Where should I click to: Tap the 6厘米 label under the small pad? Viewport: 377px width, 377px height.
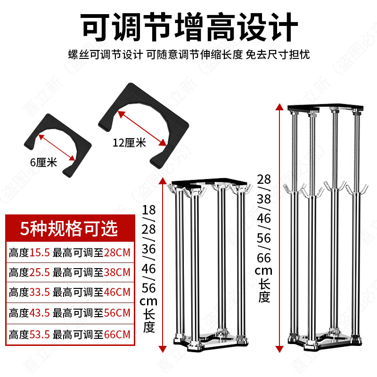click(43, 163)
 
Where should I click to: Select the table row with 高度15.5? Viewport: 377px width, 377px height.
click(69, 252)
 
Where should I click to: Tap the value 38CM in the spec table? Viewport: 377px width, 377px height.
click(116, 272)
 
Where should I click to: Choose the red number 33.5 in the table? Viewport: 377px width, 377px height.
click(40, 293)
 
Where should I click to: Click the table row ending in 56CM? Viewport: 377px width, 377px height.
click(69, 313)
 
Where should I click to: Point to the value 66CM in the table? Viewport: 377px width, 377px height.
click(116, 335)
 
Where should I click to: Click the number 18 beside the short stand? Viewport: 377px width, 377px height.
click(149, 209)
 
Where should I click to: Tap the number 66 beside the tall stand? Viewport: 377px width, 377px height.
click(264, 259)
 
